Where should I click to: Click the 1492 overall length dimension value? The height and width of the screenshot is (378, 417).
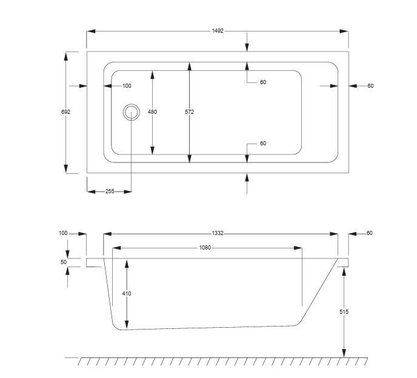click(x=218, y=31)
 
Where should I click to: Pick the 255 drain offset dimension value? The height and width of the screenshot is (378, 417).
click(x=110, y=191)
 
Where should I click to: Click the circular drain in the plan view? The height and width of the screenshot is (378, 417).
click(x=131, y=112)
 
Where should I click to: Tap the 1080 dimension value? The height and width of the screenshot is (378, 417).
click(x=205, y=247)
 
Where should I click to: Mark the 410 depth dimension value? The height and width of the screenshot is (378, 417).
click(x=127, y=294)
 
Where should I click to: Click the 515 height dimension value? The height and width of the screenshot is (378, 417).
click(x=344, y=312)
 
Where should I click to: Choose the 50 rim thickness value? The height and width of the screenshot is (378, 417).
click(x=64, y=262)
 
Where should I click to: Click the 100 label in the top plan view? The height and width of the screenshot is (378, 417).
click(x=127, y=86)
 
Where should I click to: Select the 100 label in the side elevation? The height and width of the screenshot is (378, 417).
click(x=64, y=233)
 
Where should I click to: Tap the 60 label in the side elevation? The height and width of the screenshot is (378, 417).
click(x=370, y=233)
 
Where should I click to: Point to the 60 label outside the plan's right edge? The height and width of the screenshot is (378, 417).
click(x=370, y=86)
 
